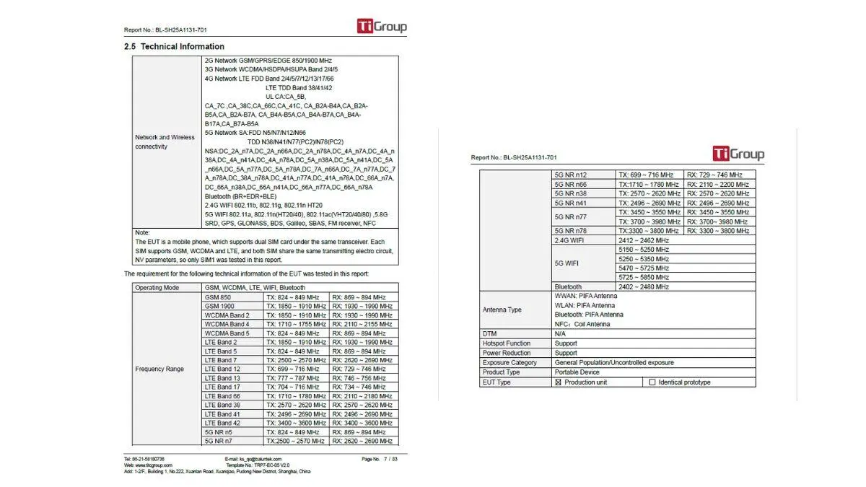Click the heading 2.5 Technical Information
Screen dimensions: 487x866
click(174, 46)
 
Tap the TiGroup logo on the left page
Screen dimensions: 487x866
click(382, 27)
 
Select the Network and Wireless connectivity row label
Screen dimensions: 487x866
click(165, 142)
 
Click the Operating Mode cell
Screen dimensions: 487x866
click(157, 288)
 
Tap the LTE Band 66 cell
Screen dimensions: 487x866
click(222, 396)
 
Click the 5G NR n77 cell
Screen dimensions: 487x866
click(570, 216)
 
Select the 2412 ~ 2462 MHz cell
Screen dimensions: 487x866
click(643, 240)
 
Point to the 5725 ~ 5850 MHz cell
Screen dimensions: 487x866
click(643, 277)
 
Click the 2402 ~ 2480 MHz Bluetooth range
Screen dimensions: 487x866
click(643, 287)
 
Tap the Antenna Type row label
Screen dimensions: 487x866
click(502, 310)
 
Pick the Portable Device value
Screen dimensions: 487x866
click(577, 372)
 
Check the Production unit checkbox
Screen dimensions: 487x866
click(558, 382)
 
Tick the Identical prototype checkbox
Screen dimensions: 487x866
click(652, 382)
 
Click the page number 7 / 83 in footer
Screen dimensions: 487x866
click(390, 459)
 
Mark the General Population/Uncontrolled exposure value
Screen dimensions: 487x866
click(613, 363)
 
